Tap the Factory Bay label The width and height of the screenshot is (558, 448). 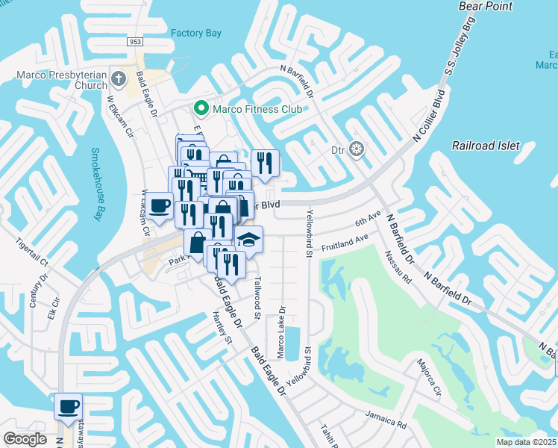pyautogui.click(x=196, y=33)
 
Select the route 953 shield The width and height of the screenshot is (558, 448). pyautogui.click(x=135, y=42)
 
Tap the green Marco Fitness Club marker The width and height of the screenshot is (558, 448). pyautogui.click(x=201, y=109)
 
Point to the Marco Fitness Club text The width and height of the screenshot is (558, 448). pyautogui.click(x=257, y=109)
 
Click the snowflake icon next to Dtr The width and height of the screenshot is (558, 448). pyautogui.click(x=357, y=149)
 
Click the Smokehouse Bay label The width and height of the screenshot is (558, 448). pyautogui.click(x=95, y=184)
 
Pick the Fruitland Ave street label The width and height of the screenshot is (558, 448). pyautogui.click(x=345, y=243)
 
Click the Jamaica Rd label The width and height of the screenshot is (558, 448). pyautogui.click(x=385, y=418)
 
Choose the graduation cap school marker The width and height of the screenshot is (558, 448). pyautogui.click(x=249, y=239)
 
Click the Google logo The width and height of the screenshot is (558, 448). pyautogui.click(x=25, y=438)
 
